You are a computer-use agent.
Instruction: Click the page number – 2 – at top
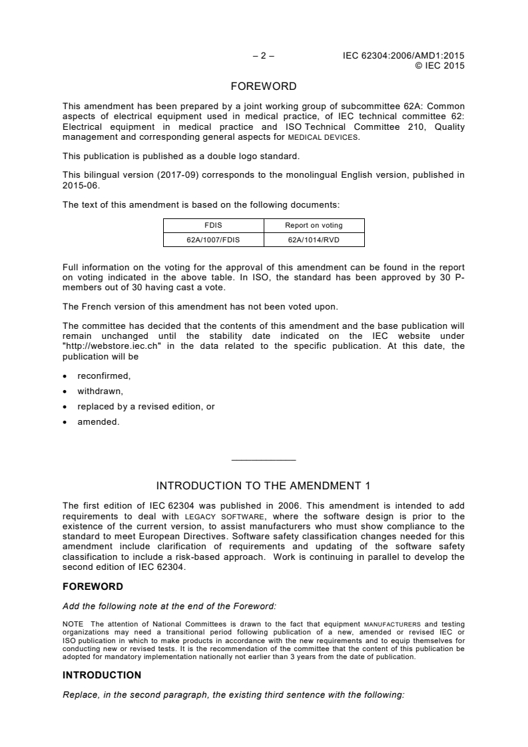(264, 56)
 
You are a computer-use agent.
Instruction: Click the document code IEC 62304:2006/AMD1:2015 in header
(403, 56)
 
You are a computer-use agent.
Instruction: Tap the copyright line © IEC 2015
(439, 65)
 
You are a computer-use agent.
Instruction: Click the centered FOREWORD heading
(264, 87)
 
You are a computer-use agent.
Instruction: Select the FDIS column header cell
(214, 225)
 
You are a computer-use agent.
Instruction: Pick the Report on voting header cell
(314, 225)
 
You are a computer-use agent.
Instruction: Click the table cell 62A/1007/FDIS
(214, 239)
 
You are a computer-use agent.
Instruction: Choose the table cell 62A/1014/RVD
(314, 239)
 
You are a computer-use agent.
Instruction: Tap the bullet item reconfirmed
(104, 376)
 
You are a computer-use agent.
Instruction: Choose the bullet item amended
(99, 421)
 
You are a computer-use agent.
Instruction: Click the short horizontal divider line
(264, 460)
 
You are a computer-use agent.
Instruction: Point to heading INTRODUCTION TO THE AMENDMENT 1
(264, 485)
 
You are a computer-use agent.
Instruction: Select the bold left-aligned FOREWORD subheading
(93, 587)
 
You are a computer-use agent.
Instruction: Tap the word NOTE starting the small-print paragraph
(72, 624)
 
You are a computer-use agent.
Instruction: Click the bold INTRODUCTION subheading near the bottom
(102, 675)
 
